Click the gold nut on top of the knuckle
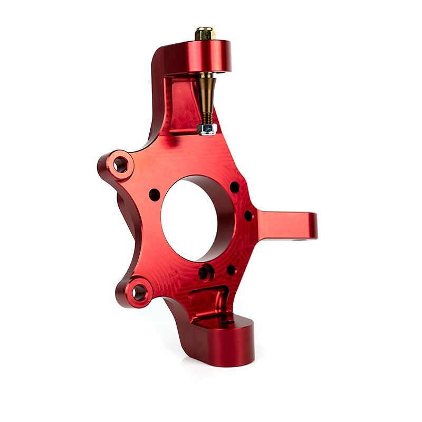(205, 34)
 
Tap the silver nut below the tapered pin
(206, 129)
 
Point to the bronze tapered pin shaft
(206, 92)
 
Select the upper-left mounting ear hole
(121, 165)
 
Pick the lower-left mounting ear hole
(139, 292)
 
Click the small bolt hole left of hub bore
(154, 195)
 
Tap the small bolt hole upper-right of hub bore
(234, 187)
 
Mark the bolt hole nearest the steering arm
(248, 215)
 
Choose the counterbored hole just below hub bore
(204, 273)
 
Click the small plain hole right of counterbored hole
(231, 270)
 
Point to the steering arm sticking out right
(285, 225)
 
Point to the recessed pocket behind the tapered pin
(182, 105)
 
